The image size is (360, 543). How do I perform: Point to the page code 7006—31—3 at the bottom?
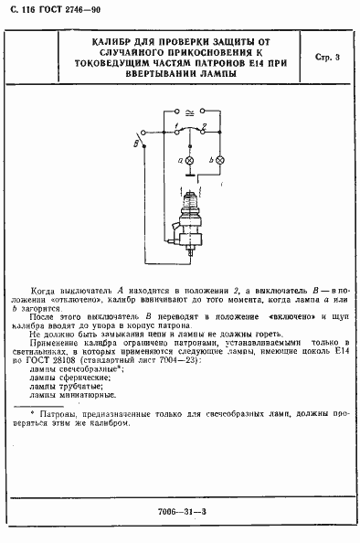click(179, 509)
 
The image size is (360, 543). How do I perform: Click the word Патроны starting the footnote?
click(58, 415)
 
